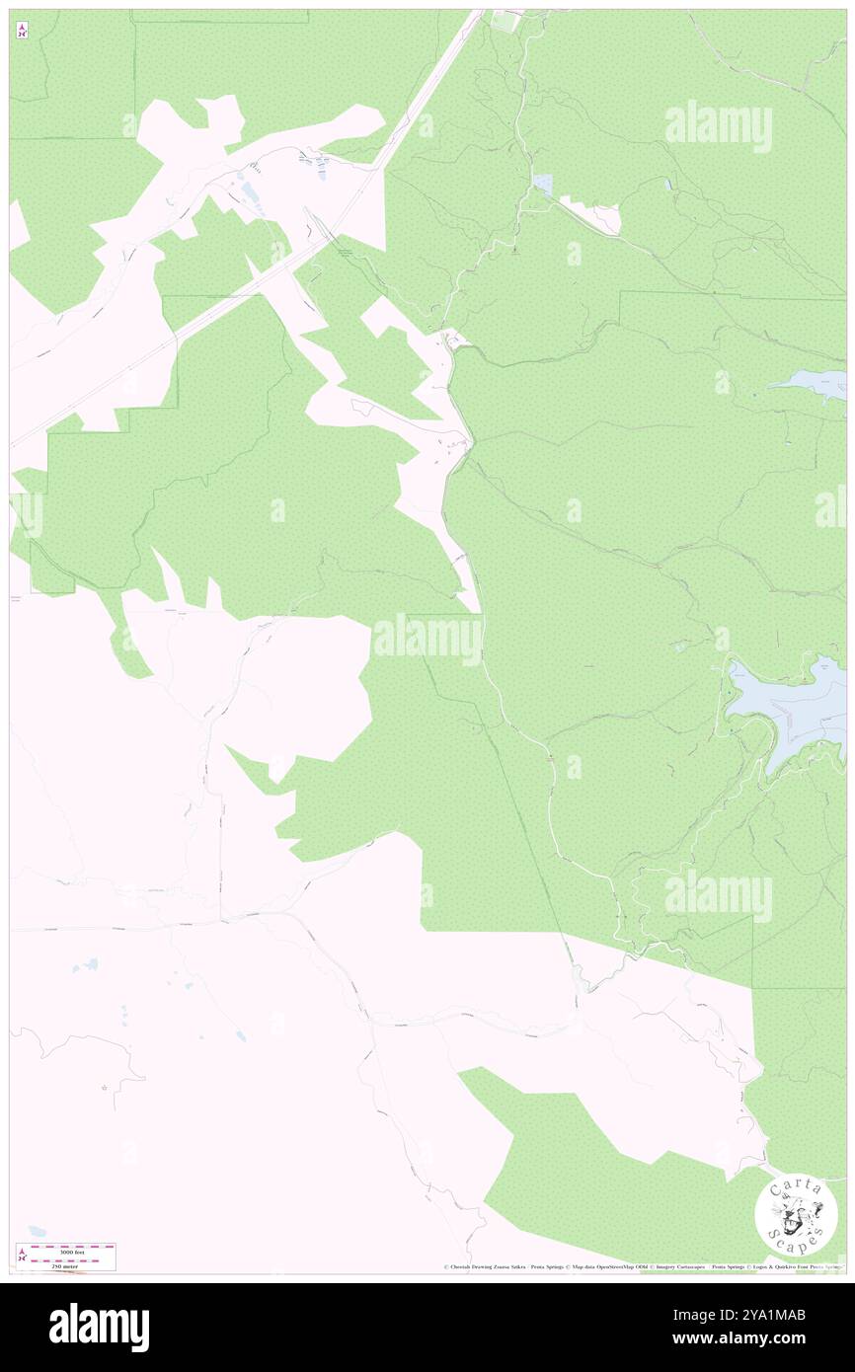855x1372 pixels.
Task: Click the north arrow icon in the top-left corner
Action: [22, 32]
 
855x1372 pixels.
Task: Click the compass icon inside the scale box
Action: [22, 1257]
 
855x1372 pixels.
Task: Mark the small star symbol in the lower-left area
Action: [105, 1088]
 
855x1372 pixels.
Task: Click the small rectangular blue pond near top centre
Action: [542, 183]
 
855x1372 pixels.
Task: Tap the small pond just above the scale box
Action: [37, 1231]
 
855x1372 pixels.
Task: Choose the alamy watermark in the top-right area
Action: [718, 126]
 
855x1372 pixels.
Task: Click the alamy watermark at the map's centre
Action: [427, 640]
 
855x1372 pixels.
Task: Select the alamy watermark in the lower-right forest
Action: [718, 896]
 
